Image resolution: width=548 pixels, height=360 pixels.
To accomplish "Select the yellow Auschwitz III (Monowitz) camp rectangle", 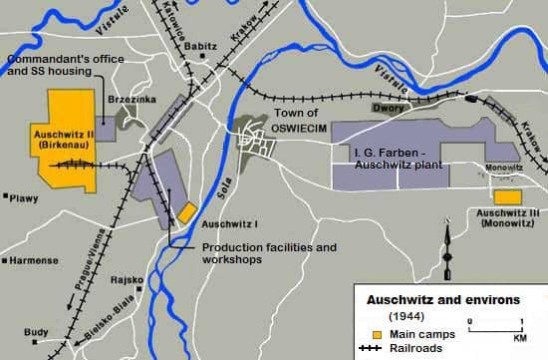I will [x=507, y=197].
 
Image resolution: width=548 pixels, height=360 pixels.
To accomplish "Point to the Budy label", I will [x=36, y=332].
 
